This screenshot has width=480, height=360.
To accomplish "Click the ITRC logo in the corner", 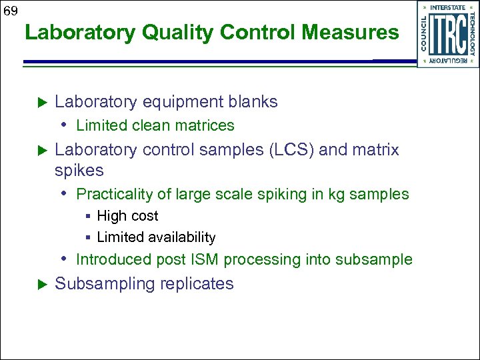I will pos(447,34).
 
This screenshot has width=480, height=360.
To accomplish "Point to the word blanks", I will pos(253,102).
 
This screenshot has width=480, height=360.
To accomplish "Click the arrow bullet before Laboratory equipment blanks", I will pos(39,102).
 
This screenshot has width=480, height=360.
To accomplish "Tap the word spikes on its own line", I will pos(79,171).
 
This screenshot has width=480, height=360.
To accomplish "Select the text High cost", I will pos(127,216).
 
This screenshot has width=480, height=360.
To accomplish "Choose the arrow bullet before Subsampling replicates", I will pos(39,285).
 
